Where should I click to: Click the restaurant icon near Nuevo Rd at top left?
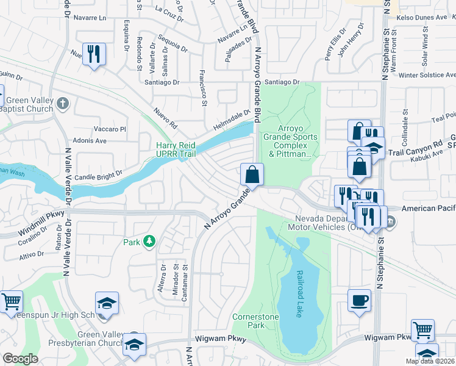pyautogui.click(x=93, y=54)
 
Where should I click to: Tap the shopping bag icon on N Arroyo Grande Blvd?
pyautogui.click(x=251, y=174)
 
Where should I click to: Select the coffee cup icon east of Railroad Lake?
pyautogui.click(x=359, y=300)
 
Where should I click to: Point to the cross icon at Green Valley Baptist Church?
pyautogui.click(x=62, y=102)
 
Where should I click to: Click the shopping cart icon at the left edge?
pyautogui.click(x=10, y=301)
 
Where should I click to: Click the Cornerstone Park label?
pyautogui.click(x=255, y=321)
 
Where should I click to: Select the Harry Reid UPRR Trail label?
pyautogui.click(x=176, y=149)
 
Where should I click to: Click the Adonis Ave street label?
pyautogui.click(x=90, y=141)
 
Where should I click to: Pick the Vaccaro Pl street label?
pyautogui.click(x=110, y=129)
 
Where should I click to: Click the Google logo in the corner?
pyautogui.click(x=20, y=359)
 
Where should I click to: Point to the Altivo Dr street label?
pyautogui.click(x=32, y=254)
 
